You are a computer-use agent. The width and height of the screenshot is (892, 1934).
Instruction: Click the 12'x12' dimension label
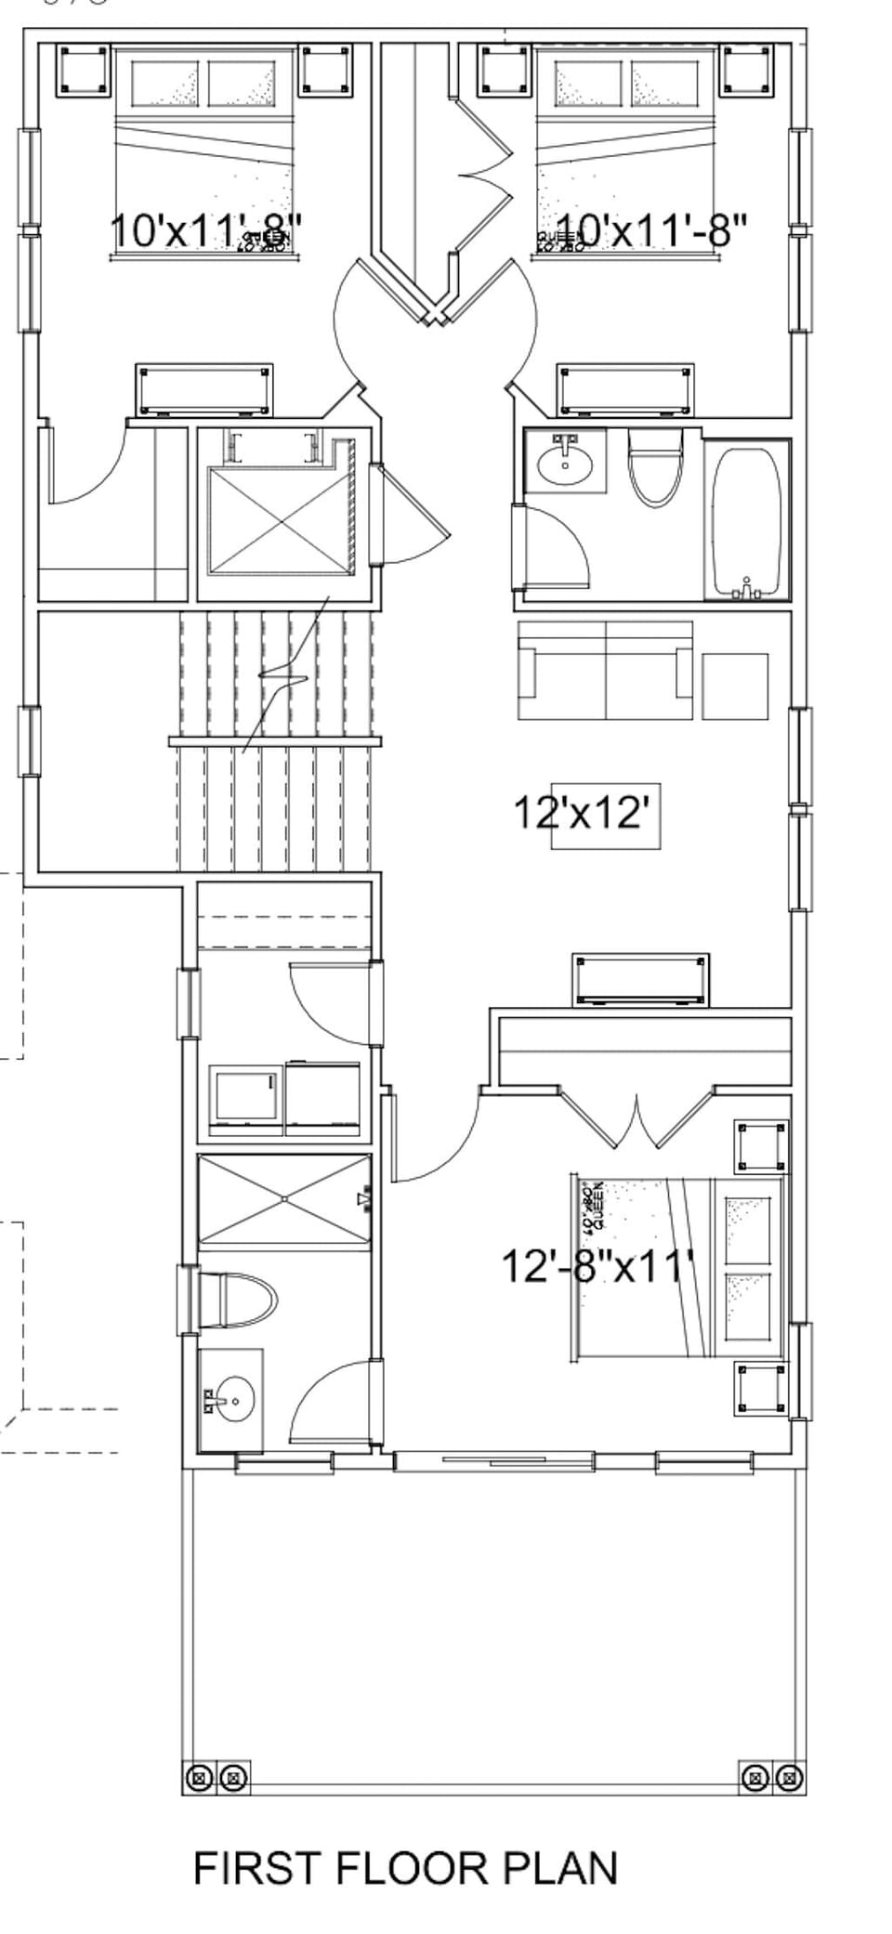point(580,813)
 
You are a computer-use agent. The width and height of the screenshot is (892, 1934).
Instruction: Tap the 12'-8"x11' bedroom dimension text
point(597,1265)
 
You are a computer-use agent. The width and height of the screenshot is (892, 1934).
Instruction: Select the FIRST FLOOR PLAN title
point(405,1868)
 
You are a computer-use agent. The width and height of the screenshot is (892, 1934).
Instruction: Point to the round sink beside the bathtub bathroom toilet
point(564,461)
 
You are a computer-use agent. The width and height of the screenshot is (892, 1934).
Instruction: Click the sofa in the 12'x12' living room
point(606,670)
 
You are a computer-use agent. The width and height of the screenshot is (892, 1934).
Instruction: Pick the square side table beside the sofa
point(735,686)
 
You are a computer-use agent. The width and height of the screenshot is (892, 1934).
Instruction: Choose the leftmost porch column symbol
point(198,1779)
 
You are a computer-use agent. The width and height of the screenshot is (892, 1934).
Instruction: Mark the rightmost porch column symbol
point(789,1779)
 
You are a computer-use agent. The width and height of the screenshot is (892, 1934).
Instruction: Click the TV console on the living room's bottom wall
point(641,979)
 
